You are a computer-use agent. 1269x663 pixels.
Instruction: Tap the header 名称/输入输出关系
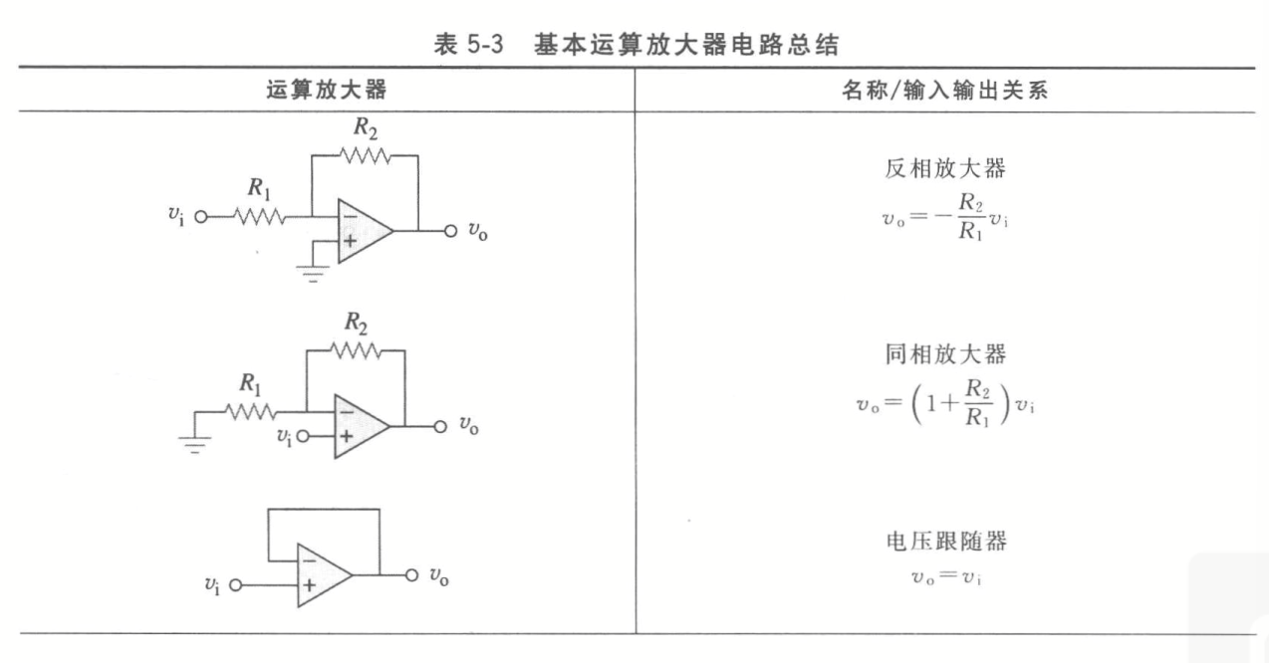[x=944, y=91]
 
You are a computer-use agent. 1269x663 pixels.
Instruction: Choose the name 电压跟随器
[x=944, y=542]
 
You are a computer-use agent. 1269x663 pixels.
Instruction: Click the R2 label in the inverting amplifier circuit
[x=364, y=128]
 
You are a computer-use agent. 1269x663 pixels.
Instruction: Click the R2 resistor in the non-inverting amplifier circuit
[x=356, y=349]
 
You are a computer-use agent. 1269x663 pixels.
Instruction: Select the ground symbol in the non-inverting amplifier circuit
[x=194, y=445]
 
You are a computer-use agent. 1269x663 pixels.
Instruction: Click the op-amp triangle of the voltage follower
[x=322, y=574]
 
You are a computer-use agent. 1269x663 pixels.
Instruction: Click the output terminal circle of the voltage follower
[x=409, y=575]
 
